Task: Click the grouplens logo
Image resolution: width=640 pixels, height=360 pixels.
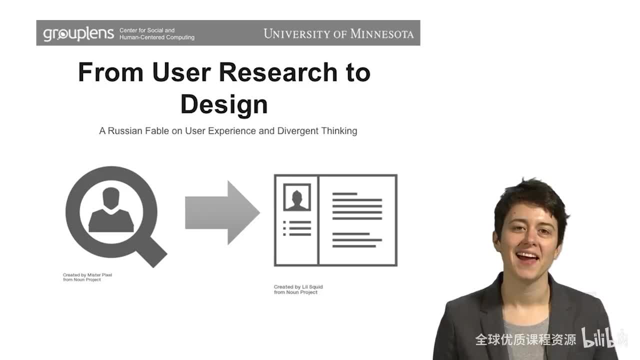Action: pos(78,34)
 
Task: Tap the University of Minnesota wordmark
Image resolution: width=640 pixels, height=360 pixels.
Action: pos(338,33)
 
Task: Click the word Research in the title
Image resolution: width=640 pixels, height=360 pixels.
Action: pos(278,72)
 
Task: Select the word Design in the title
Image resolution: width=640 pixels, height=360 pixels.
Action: pos(224,105)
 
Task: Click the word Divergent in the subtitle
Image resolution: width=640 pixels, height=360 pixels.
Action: pos(297,131)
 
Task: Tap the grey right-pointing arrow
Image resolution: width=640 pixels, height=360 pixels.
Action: pos(222,212)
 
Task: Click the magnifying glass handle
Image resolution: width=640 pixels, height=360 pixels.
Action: pos(152,253)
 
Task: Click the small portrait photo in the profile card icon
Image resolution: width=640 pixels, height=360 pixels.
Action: pos(297,197)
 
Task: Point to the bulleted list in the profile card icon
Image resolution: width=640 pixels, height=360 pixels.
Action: pos(297,228)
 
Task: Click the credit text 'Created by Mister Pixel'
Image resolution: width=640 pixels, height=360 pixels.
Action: pos(87,275)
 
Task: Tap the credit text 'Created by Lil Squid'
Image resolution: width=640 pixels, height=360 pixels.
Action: pos(298,286)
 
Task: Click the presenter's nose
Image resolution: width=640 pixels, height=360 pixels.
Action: pos(529,239)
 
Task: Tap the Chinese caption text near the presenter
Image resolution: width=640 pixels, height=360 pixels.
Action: pos(525,339)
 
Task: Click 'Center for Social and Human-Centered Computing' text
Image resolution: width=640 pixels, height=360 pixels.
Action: pos(157,33)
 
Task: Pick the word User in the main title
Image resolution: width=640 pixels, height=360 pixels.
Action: pos(181,72)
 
